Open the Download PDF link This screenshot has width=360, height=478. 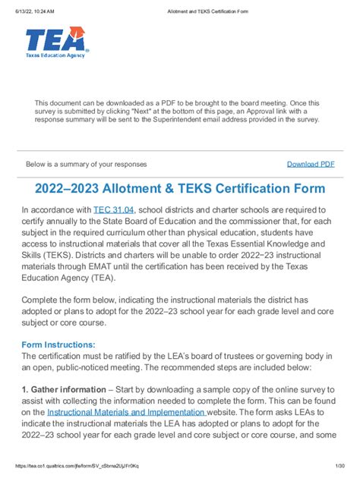coord(310,164)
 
